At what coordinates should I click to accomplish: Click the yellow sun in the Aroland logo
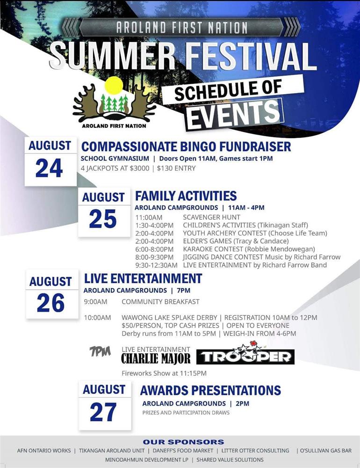click(114, 86)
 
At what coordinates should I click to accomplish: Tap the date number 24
click(49, 168)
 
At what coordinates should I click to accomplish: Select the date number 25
click(102, 219)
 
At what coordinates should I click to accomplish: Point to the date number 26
click(50, 303)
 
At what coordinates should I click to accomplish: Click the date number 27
click(103, 412)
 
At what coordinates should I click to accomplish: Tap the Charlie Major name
click(156, 358)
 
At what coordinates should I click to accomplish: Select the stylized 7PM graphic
click(100, 351)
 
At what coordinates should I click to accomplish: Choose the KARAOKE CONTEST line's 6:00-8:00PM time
click(154, 249)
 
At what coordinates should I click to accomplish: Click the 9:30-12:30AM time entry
click(156, 265)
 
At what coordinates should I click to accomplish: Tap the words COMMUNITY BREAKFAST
click(160, 302)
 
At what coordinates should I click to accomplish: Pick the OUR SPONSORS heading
click(183, 442)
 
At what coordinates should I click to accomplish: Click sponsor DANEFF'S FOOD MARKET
click(183, 450)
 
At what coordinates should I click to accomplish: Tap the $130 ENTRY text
click(176, 168)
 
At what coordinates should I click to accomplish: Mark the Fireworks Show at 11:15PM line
click(164, 373)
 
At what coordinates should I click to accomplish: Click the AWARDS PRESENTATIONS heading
click(210, 390)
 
